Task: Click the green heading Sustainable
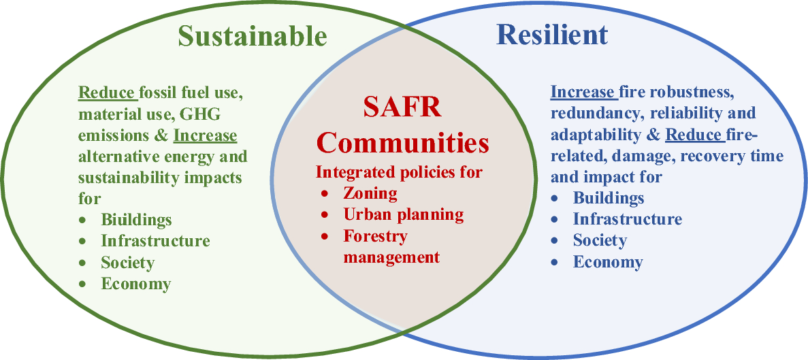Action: pyautogui.click(x=253, y=37)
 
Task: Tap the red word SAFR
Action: pyautogui.click(x=402, y=109)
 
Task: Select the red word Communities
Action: pyautogui.click(x=402, y=144)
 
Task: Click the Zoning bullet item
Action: pyautogui.click(x=370, y=193)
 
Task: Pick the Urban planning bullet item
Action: pyautogui.click(x=404, y=214)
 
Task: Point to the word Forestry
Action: pyautogui.click(x=375, y=236)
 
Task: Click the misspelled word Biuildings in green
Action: pyautogui.click(x=136, y=220)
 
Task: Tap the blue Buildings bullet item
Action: pyautogui.click(x=609, y=198)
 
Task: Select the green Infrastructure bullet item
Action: pyautogui.click(x=155, y=240)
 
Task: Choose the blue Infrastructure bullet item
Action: pyautogui.click(x=628, y=219)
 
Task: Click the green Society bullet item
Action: pyautogui.click(x=127, y=262)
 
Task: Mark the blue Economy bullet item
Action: pyautogui.click(x=608, y=261)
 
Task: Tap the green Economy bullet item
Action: pyautogui.click(x=135, y=283)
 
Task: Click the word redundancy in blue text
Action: pyautogui.click(x=587, y=114)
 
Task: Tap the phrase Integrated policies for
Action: pyautogui.click(x=399, y=172)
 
